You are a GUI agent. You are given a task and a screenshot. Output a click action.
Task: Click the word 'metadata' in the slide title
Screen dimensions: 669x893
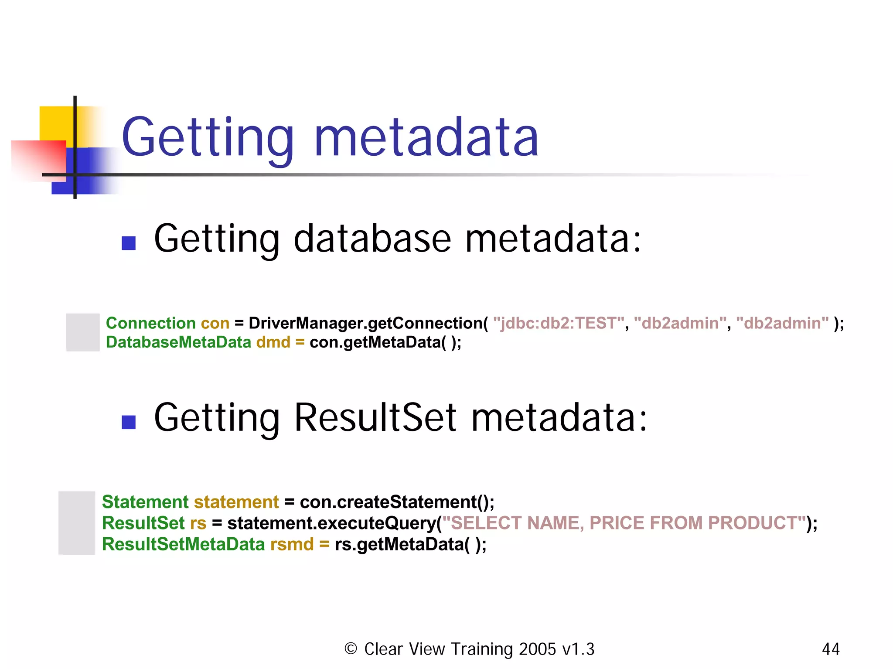point(426,138)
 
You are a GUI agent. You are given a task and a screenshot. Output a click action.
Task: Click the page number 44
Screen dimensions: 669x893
point(830,649)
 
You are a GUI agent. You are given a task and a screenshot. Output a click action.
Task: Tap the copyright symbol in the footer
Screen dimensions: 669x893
point(351,649)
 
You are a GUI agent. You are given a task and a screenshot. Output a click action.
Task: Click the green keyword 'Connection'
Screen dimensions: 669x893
point(150,323)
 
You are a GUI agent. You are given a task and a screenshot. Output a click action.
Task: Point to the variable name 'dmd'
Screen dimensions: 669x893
point(273,342)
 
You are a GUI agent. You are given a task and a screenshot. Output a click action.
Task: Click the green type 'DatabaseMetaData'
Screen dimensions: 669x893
point(178,342)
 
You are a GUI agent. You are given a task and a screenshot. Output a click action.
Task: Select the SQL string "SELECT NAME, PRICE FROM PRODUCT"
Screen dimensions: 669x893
point(624,523)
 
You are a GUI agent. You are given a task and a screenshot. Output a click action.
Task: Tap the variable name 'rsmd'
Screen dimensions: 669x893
point(292,544)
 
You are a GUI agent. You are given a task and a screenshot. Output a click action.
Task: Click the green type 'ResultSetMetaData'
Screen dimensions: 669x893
point(183,544)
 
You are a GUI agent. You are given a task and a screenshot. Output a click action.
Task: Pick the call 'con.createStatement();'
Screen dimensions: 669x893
point(397,502)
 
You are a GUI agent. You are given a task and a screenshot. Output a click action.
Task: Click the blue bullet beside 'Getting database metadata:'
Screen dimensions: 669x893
point(129,243)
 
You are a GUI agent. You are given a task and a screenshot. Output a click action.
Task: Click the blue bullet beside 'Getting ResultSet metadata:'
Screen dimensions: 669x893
point(129,422)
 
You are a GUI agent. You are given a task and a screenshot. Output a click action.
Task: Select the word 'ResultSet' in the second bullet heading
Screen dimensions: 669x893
point(375,418)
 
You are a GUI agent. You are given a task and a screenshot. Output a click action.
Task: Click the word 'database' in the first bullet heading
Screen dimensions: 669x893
point(372,239)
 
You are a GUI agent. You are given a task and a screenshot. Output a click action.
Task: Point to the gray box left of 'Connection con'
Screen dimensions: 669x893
point(83,332)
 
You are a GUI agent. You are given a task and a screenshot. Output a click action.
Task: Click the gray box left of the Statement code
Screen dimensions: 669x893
point(77,523)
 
